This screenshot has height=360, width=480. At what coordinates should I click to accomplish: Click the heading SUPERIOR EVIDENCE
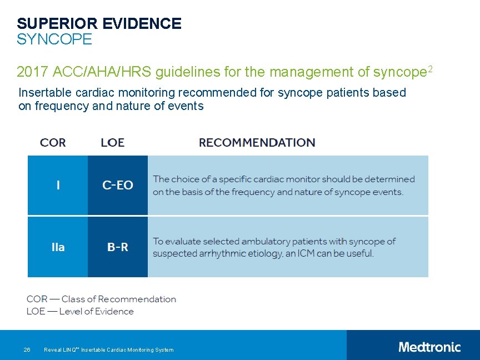point(99,23)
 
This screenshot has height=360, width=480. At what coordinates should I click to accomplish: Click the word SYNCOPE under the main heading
point(54,40)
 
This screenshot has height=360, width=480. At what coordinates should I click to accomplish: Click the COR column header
point(53,143)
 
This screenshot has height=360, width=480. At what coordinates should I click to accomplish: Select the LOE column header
point(113,143)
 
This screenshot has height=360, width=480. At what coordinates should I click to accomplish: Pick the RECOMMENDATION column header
point(257,143)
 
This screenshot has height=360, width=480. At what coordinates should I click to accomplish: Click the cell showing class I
point(58,186)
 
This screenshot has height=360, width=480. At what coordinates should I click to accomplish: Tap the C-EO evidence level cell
point(118,186)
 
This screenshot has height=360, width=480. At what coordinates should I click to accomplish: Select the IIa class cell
point(58,247)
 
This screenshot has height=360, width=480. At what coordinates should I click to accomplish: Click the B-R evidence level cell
point(118,247)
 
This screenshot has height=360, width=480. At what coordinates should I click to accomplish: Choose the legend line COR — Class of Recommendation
point(101,299)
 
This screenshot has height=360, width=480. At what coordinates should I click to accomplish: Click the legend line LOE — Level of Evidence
point(80,312)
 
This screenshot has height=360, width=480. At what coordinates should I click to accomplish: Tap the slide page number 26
point(27,350)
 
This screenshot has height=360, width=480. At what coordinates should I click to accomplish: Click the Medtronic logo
point(429,347)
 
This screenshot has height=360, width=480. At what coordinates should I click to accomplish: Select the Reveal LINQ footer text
point(108,350)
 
